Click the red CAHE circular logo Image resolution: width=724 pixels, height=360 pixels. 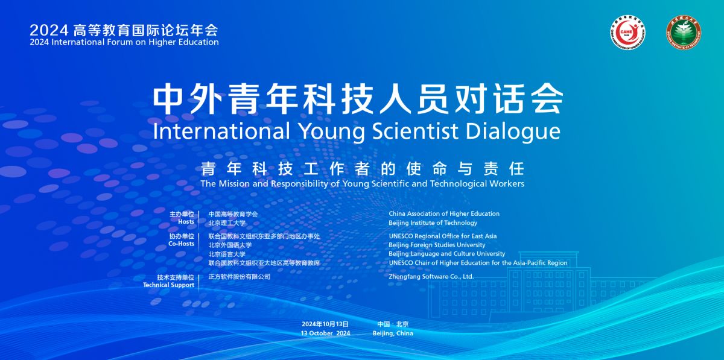point(627,33)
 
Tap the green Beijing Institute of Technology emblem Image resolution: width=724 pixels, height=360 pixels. point(683,33)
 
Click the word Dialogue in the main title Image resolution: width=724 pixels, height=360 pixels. point(513,131)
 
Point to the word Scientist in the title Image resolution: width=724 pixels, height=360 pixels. point(415,131)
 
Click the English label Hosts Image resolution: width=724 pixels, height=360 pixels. point(186,222)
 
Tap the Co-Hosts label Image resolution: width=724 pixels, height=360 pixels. point(182,244)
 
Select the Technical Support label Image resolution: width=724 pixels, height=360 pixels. point(169,285)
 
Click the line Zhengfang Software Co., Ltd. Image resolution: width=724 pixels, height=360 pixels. point(431,277)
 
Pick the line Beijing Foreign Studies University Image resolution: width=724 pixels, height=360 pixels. point(437,245)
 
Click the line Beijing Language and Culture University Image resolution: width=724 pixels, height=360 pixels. point(447,254)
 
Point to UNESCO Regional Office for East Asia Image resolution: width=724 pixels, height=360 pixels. point(443,236)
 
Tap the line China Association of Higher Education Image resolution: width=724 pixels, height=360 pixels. point(444,213)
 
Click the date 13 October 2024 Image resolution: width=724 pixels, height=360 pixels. point(325,333)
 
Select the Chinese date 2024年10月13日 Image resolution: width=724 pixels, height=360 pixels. point(325,324)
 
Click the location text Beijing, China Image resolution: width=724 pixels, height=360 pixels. point(393,333)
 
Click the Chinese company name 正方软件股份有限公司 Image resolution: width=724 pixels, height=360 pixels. point(240,277)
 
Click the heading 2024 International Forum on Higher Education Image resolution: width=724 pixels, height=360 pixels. point(124,42)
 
